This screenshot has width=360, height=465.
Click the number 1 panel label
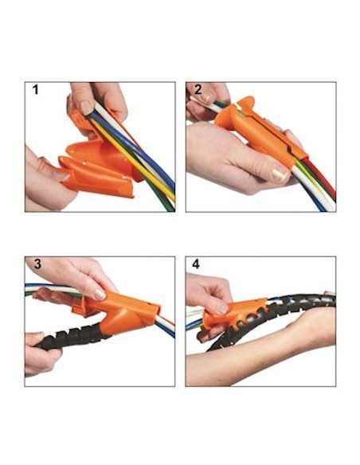pos(36,89)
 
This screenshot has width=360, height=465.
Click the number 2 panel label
pos(198,89)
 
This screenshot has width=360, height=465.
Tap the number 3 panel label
pos(37,264)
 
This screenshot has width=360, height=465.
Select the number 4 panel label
pos(196,264)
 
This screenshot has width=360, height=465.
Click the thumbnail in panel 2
pos(280,175)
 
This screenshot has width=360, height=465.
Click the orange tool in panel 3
pos(119,311)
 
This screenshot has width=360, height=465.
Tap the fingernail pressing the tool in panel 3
pos(100,294)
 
